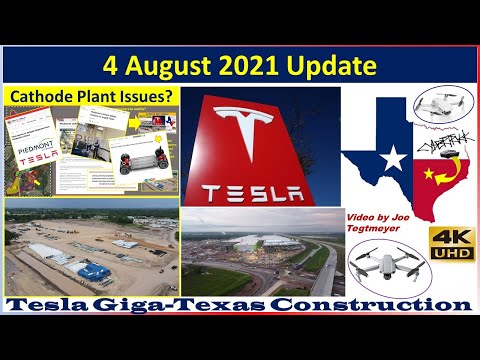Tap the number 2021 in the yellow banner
(x=271, y=66)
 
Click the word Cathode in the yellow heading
(x=43, y=96)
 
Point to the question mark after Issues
(x=171, y=96)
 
